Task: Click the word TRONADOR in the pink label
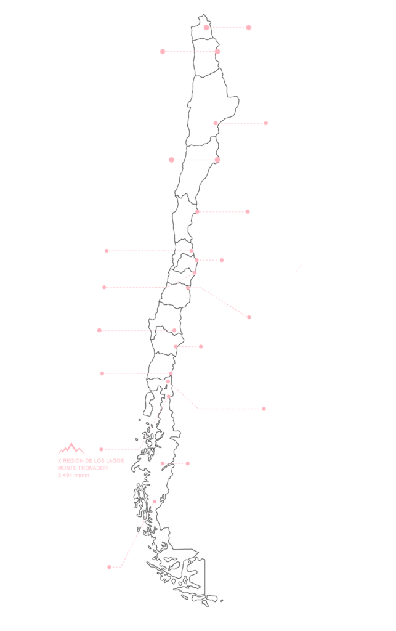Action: click(x=94, y=468)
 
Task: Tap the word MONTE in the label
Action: click(x=68, y=468)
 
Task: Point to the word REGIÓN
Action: click(x=73, y=461)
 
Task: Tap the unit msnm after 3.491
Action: click(x=83, y=475)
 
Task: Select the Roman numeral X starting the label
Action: click(x=60, y=461)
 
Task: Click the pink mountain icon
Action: click(x=71, y=449)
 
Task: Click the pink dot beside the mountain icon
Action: click(x=102, y=449)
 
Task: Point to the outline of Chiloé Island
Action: click(x=148, y=403)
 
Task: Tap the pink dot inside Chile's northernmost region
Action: click(x=206, y=27)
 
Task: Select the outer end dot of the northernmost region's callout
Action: click(x=248, y=27)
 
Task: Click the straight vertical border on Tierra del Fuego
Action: click(x=204, y=577)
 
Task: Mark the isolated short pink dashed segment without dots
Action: click(x=299, y=268)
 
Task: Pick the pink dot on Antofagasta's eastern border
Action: click(x=216, y=123)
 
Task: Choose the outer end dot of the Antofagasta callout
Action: click(x=265, y=123)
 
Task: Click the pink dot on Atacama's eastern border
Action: click(x=217, y=160)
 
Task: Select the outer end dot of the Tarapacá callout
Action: click(x=163, y=52)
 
